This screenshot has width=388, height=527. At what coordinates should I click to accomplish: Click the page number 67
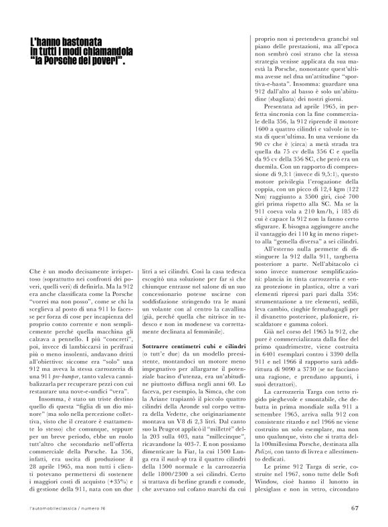pyautogui.click(x=355, y=507)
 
